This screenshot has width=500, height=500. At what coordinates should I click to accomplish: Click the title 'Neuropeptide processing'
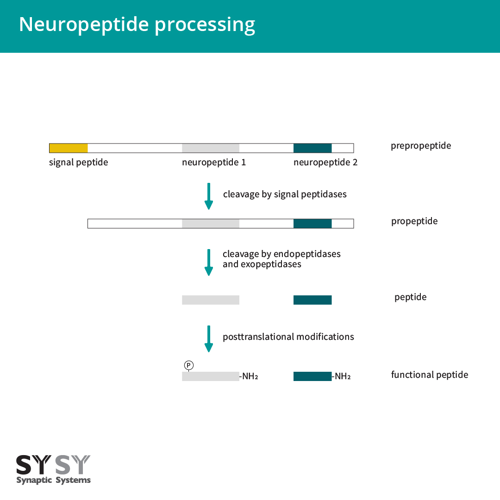(x=137, y=24)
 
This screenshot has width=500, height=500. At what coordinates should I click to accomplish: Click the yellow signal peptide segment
(x=69, y=148)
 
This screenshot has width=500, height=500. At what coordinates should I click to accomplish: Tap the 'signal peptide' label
(x=78, y=162)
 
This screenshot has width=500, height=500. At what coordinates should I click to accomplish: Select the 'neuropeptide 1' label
(x=214, y=162)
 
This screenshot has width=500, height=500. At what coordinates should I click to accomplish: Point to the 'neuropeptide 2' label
(x=325, y=162)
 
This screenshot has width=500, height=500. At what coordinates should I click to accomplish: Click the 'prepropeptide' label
(x=420, y=146)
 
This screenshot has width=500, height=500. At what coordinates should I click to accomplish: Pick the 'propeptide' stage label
(x=414, y=221)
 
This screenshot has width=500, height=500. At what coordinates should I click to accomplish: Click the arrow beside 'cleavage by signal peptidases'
(x=209, y=196)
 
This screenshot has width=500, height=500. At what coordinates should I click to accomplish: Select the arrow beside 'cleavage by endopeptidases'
(x=209, y=262)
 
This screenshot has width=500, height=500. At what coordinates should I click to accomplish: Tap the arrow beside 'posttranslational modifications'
(x=209, y=338)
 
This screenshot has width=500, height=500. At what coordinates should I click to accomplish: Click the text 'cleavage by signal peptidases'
(x=285, y=194)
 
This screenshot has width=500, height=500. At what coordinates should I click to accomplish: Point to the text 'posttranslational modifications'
(x=288, y=337)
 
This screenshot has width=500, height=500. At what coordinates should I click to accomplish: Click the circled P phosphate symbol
(x=188, y=365)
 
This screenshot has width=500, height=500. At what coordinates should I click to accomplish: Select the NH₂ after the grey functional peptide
(x=250, y=376)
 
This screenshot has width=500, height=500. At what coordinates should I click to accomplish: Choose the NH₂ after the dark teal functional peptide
(x=342, y=376)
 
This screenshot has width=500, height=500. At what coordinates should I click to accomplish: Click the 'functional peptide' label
(x=429, y=375)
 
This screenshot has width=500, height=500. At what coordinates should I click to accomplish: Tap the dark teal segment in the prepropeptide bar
(x=312, y=148)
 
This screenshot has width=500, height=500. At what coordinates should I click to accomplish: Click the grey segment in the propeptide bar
(x=211, y=224)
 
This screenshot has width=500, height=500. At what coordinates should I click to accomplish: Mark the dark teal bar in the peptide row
(x=312, y=300)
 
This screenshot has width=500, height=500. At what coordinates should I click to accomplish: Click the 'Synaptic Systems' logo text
(x=53, y=480)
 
